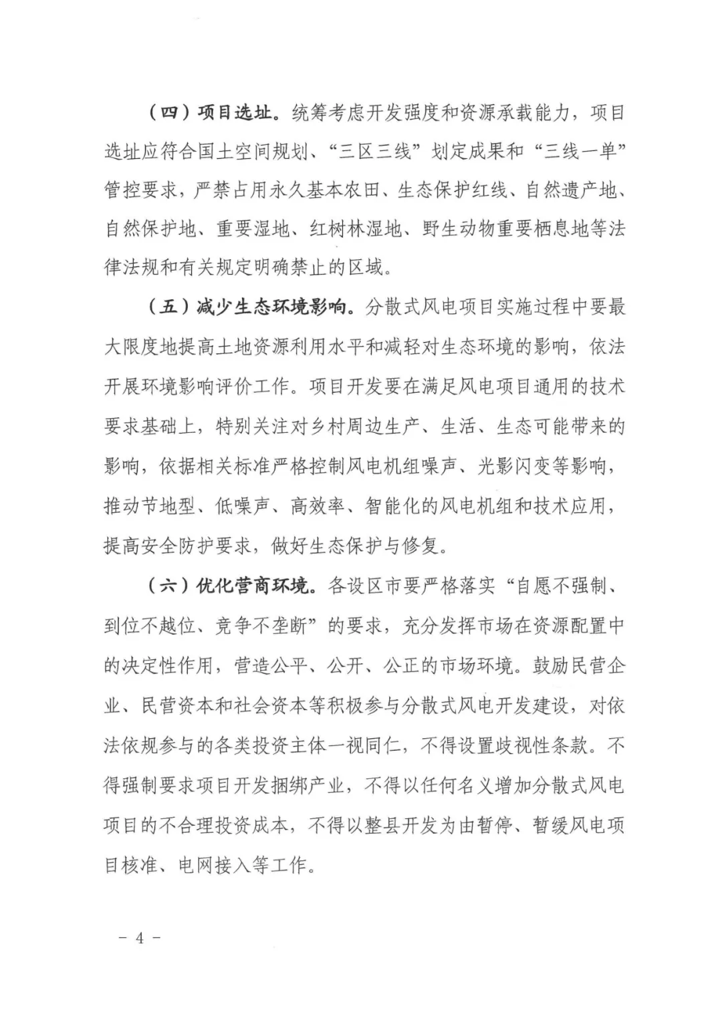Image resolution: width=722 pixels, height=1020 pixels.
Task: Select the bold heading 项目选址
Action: tap(235, 112)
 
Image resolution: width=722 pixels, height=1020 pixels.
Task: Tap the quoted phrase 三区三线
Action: tap(374, 152)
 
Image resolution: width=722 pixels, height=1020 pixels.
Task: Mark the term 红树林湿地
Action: tap(355, 229)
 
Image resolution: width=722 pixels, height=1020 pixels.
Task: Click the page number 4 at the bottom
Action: tap(140, 937)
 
